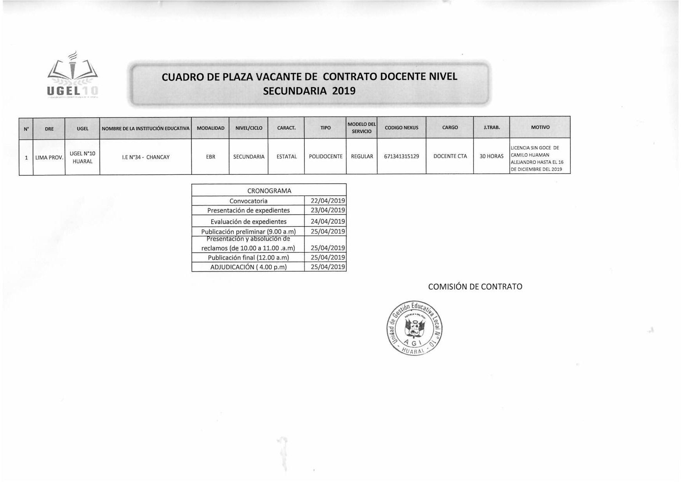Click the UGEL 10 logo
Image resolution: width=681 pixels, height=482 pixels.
pos(72,76)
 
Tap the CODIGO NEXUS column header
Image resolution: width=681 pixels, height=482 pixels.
pos(401,127)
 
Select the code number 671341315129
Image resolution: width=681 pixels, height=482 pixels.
pos(401,157)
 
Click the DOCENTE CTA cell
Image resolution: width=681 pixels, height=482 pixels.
pos(450,157)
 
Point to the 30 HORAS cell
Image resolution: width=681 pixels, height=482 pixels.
pos(492,157)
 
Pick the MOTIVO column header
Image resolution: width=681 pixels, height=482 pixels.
pos(540,127)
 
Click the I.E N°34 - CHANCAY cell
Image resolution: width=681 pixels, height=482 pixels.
pos(146,157)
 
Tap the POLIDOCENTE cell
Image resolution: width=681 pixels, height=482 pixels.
pos(325,157)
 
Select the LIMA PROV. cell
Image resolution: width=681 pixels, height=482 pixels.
pos(49,158)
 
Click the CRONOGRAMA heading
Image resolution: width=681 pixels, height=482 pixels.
pos(269,191)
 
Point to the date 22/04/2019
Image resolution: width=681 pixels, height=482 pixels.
pos(328,201)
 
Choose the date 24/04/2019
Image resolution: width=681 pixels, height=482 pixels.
pos(328,222)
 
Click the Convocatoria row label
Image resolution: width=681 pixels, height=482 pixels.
pos(248,201)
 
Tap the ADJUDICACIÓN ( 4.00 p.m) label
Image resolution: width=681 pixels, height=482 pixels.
pos(248,267)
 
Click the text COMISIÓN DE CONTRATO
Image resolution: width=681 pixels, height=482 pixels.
pos(475,287)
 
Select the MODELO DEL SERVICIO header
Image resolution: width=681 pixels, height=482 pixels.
pos(361,128)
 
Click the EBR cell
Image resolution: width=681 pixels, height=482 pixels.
pos(210,157)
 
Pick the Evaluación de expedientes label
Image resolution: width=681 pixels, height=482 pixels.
pos(248,222)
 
